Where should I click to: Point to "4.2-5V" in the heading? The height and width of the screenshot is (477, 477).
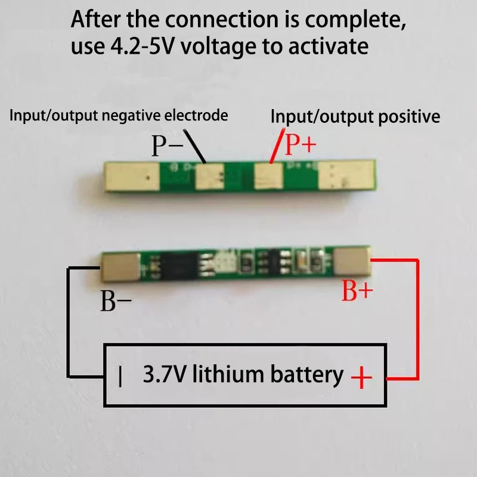(139, 46)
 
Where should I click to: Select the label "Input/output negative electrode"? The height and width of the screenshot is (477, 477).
(118, 115)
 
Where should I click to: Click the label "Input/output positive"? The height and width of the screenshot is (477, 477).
(355, 116)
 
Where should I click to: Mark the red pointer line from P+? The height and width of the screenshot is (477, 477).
(275, 149)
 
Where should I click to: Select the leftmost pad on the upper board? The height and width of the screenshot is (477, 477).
(132, 176)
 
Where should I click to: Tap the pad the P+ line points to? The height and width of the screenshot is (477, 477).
(267, 176)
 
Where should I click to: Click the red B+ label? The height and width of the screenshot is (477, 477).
(357, 292)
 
